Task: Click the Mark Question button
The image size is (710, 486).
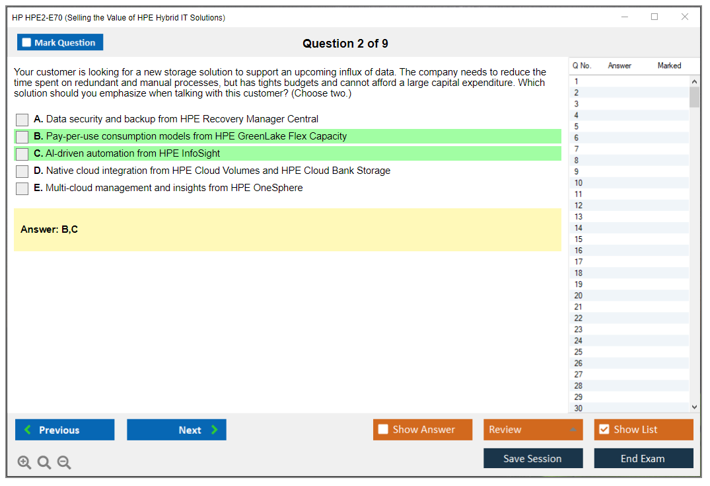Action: pos(60,42)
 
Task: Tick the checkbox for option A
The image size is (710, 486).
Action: pos(22,120)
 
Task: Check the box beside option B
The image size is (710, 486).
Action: pos(22,137)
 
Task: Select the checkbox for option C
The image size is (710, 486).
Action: pos(22,154)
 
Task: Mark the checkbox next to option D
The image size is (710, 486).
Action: pos(22,171)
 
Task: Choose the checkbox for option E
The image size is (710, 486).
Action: pos(22,188)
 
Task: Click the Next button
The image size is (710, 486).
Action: pos(176,430)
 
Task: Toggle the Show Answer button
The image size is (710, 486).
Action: pos(423,430)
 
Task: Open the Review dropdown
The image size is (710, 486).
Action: pos(533,430)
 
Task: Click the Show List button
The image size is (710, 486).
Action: pos(643,430)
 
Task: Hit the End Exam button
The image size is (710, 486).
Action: pos(643,458)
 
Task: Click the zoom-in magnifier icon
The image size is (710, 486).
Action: pos(24,462)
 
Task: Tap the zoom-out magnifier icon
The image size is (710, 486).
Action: pos(64,462)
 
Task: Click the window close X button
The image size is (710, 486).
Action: pos(685,17)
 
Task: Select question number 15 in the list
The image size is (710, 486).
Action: pos(578,239)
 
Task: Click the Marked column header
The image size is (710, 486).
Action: pos(669,65)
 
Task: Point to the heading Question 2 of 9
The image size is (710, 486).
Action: pos(345,44)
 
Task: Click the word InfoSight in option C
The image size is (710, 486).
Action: pos(201,153)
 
